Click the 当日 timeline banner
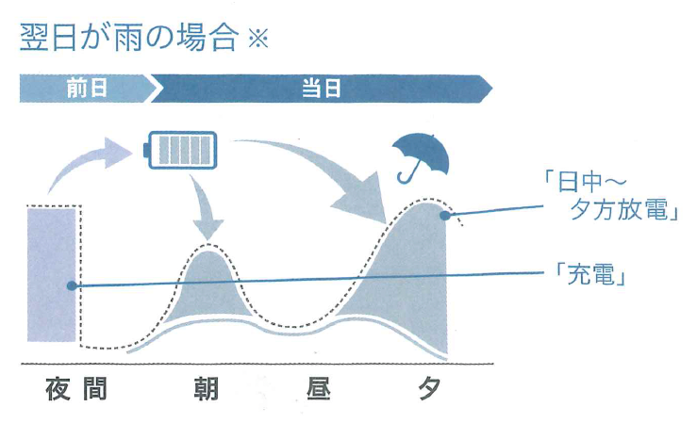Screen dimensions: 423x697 pyautogui.click(x=321, y=89)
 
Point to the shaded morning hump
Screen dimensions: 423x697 pyautogui.click(x=209, y=287)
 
